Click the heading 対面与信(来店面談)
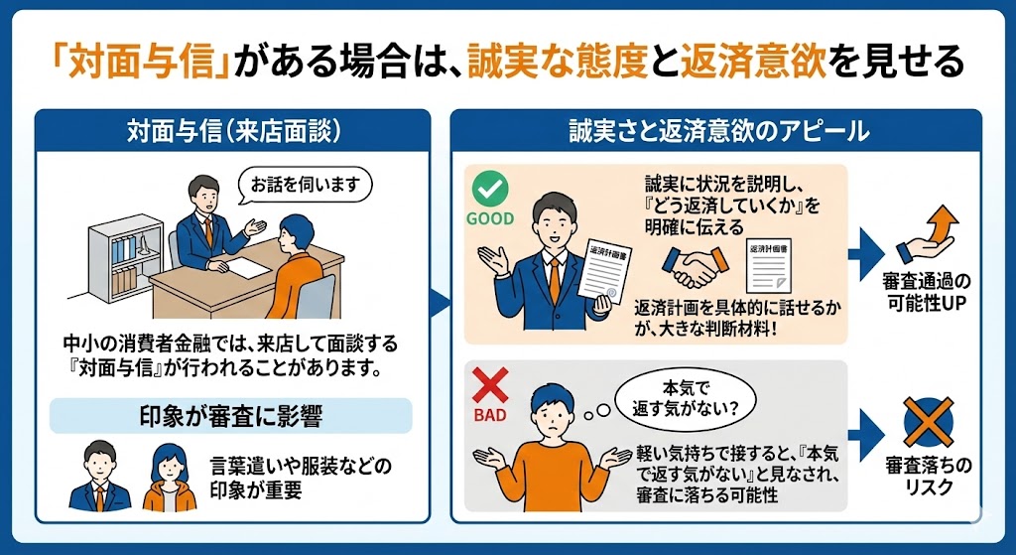[232, 130]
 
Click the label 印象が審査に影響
[231, 415]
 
